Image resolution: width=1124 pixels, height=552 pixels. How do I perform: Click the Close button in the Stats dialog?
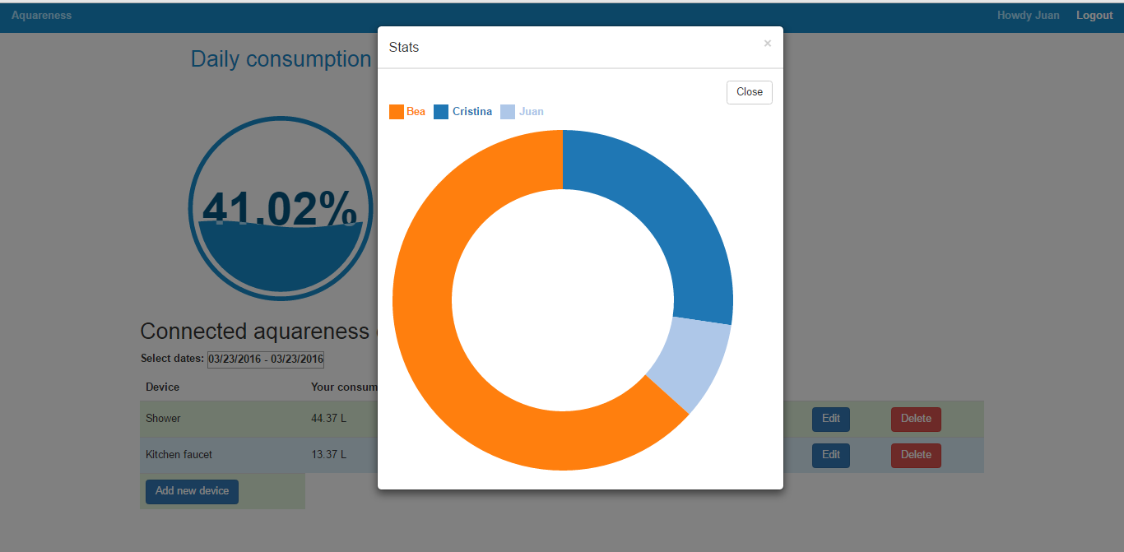click(x=749, y=92)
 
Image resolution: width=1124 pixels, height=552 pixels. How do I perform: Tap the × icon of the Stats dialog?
click(x=768, y=44)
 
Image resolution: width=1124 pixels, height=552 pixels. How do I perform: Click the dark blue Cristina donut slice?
click(x=658, y=222)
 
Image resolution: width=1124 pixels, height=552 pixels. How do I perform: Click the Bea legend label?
click(x=416, y=112)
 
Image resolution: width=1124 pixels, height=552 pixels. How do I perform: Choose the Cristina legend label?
click(x=471, y=112)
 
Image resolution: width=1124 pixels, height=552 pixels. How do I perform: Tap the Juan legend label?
click(x=531, y=112)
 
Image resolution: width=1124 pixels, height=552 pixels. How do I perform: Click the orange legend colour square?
click(x=397, y=112)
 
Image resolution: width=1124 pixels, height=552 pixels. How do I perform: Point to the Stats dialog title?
click(x=404, y=48)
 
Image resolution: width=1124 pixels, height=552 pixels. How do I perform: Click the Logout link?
click(x=1094, y=16)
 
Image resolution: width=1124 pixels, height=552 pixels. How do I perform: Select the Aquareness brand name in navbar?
click(x=41, y=16)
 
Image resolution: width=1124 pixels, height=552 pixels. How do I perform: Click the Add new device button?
click(x=192, y=491)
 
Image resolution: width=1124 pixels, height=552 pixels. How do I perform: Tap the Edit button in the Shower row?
click(x=830, y=419)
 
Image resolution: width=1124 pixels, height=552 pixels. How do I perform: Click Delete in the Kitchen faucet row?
click(x=916, y=455)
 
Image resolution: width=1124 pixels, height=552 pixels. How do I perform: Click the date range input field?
click(x=265, y=359)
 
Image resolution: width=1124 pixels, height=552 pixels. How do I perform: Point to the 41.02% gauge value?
click(x=280, y=209)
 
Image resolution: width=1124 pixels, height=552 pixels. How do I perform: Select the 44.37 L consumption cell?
click(x=328, y=419)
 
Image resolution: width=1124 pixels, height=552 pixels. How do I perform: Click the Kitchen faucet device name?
click(x=179, y=455)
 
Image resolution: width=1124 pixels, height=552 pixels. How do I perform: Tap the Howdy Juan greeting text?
click(x=1028, y=16)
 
